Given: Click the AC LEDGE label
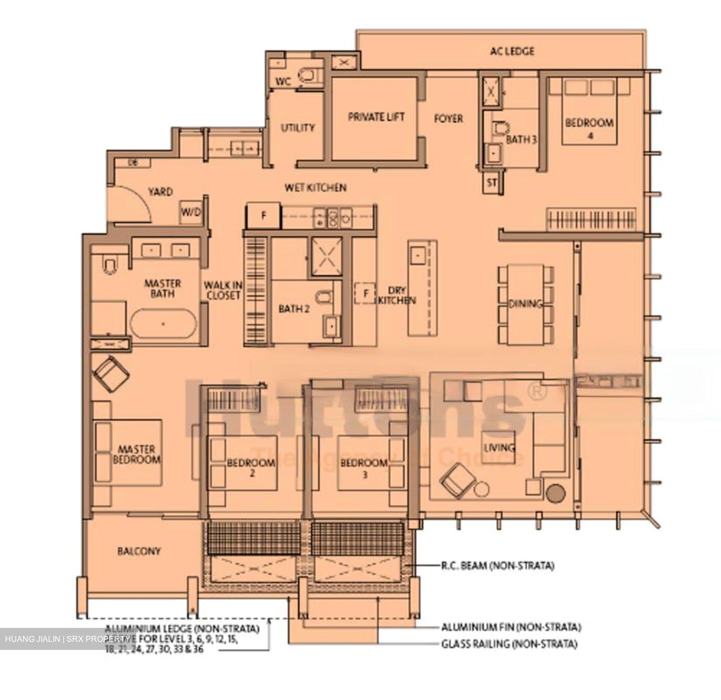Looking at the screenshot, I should [x=512, y=51].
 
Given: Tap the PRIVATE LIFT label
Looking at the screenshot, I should [x=376, y=117].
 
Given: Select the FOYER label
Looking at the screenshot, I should [x=448, y=119].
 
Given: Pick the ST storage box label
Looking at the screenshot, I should [x=492, y=183].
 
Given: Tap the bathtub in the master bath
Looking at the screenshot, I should [x=163, y=324].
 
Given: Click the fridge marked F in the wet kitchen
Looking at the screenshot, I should [x=263, y=216].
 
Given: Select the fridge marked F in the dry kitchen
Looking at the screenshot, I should [x=366, y=293].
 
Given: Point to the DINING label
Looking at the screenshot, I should [x=525, y=303].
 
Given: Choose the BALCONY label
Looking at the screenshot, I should [x=139, y=551].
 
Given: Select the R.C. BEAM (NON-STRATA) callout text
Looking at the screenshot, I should [x=497, y=566].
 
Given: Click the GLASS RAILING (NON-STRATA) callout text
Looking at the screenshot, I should [x=509, y=644].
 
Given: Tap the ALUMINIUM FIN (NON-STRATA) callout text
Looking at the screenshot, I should [x=511, y=627].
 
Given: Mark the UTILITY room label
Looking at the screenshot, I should [x=297, y=128].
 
